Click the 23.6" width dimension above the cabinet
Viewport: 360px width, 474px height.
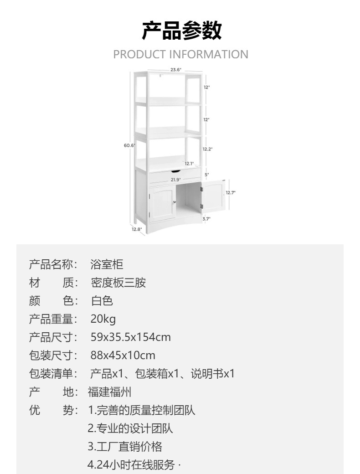pyautogui.click(x=176, y=70)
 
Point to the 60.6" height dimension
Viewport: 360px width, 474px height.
pyautogui.click(x=129, y=145)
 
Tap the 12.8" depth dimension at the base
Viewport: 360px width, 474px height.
pyautogui.click(x=137, y=229)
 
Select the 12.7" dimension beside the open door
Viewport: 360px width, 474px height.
pyautogui.click(x=231, y=192)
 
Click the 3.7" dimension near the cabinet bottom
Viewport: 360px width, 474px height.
pyautogui.click(x=206, y=219)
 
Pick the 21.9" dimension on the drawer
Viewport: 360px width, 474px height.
pyautogui.click(x=176, y=180)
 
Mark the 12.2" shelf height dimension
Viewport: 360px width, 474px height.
pyautogui.click(x=208, y=149)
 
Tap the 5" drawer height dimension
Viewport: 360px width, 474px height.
pyautogui.click(x=206, y=175)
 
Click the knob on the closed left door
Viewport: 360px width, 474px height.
pyautogui.click(x=174, y=203)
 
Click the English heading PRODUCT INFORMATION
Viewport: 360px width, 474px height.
pyautogui.click(x=180, y=55)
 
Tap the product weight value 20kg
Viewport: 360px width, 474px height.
pyautogui.click(x=103, y=319)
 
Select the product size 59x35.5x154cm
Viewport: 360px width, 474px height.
pyautogui.click(x=130, y=337)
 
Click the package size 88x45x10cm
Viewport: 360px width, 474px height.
pyautogui.click(x=123, y=355)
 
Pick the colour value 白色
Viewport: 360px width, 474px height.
pyautogui.click(x=102, y=301)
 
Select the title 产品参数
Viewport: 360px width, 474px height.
pyautogui.click(x=181, y=31)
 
